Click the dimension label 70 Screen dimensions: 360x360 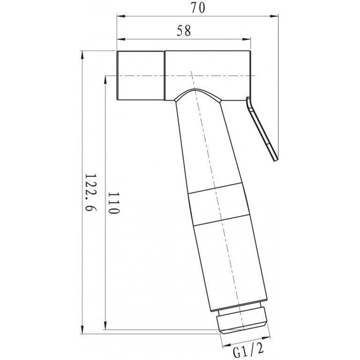pos(198,8)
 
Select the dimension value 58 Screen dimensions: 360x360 pos(184,30)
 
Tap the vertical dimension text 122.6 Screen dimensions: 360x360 pos(90,192)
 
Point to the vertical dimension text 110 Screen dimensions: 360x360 pos(114,203)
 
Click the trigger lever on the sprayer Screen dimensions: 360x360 pos(261,129)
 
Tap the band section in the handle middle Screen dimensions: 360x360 pos(219,204)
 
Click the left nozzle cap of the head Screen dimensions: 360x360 pos(140,76)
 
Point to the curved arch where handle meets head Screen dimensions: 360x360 pos(197,92)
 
